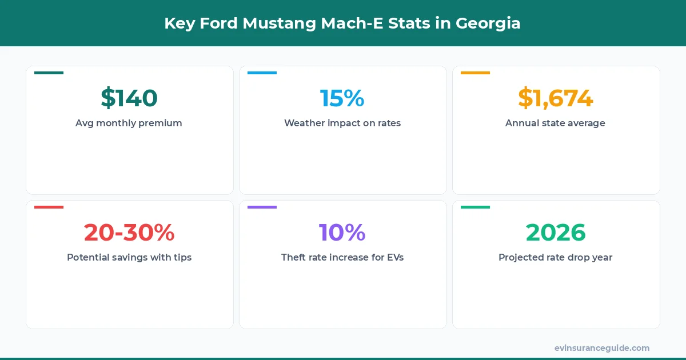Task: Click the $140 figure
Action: coord(129,98)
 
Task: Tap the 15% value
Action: coord(342,98)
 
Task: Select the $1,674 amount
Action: coord(555,98)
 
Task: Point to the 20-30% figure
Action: coord(129,233)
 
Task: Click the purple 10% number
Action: coord(342,233)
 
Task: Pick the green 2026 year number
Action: coord(555,233)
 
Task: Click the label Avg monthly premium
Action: coord(129,123)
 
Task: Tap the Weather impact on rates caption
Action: coord(342,123)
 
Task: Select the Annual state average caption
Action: coord(555,123)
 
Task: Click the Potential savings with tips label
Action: coord(129,257)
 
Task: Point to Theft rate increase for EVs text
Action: coord(342,257)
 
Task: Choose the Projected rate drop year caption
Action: coord(555,257)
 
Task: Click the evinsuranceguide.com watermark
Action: coord(601,347)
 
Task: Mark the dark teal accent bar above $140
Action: coord(49,73)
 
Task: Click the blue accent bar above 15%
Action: coord(262,73)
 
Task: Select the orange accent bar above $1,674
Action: coord(475,73)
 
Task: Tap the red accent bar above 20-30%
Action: coord(49,207)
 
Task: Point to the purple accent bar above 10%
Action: coord(262,207)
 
